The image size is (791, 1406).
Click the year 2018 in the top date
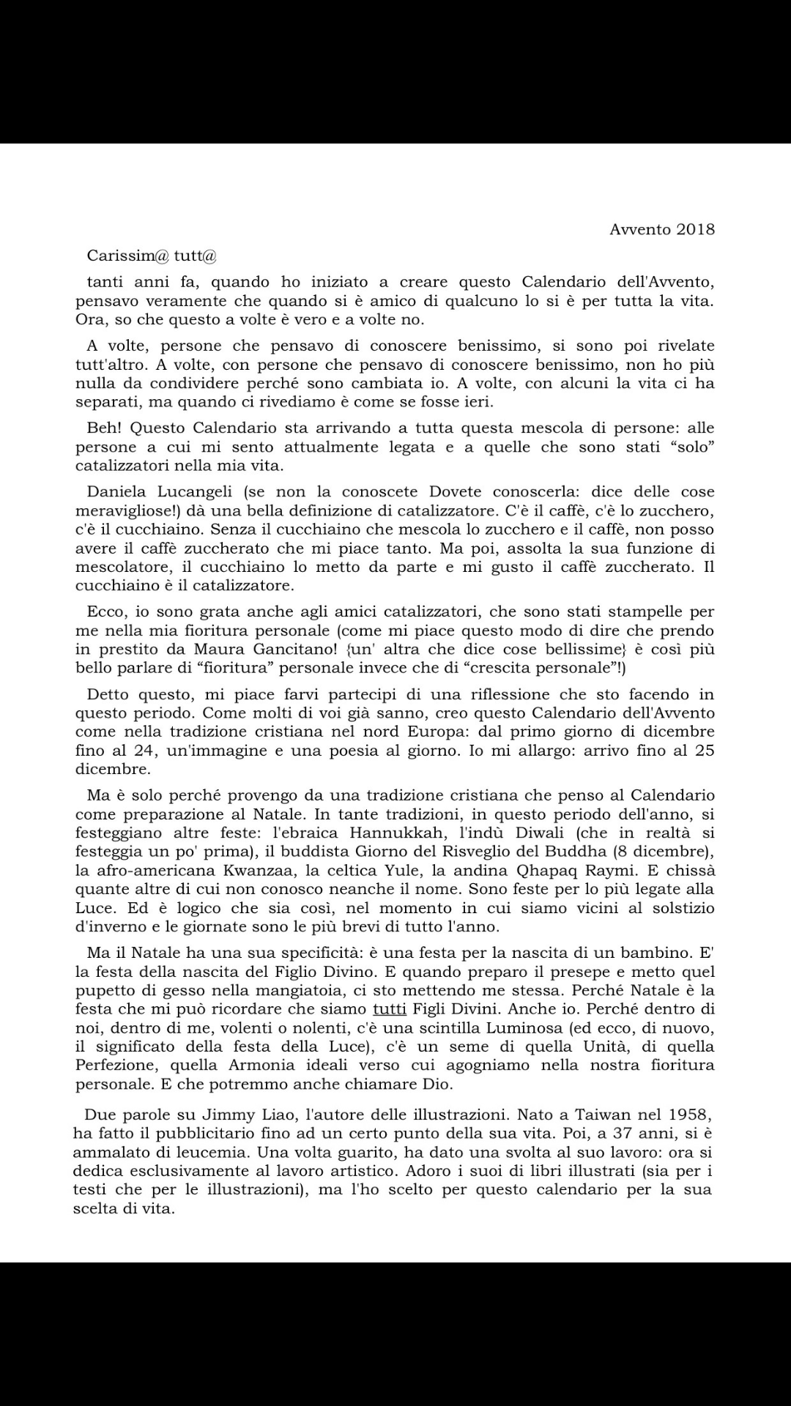tap(696, 229)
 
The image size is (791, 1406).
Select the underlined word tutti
tap(390, 1009)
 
